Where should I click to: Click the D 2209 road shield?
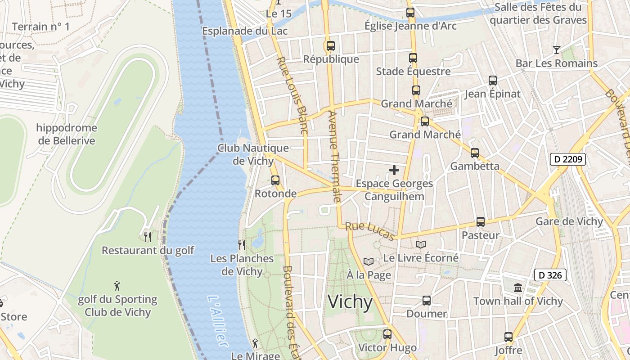[x=567, y=159]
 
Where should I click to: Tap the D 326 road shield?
[x=550, y=275]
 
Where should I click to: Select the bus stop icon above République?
[x=331, y=45]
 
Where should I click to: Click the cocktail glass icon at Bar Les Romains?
[x=557, y=49]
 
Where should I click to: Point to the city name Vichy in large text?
[x=350, y=302]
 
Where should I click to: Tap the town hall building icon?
[x=518, y=288]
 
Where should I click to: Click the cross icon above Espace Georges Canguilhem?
[x=394, y=170]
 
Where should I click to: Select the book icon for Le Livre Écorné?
[x=421, y=244]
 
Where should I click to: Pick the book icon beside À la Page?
[x=369, y=261]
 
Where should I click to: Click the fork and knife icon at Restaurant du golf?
[x=148, y=237]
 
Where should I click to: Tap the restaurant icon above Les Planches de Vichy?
[x=242, y=245]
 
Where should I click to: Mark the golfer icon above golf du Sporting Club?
[x=117, y=286]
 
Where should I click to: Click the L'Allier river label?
[x=217, y=321]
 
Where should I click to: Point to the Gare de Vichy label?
[x=569, y=221]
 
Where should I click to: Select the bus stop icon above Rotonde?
[x=275, y=180]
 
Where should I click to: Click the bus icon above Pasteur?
[x=481, y=222]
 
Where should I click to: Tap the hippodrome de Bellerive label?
[x=67, y=134]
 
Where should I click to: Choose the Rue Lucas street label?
[x=370, y=231]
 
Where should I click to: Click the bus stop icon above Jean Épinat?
[x=493, y=81]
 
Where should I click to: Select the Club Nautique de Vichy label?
[x=253, y=154]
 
